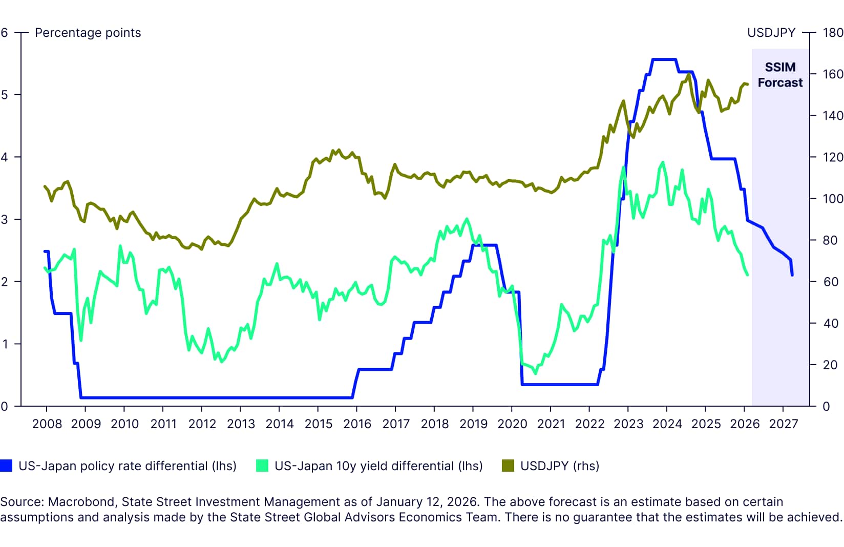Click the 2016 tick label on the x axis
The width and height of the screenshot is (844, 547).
coord(357,424)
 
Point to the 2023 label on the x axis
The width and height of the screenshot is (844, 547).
coord(628,424)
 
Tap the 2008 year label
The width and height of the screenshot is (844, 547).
coord(47,424)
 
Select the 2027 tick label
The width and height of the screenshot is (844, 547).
coord(784,424)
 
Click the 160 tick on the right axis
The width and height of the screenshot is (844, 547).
coord(833,74)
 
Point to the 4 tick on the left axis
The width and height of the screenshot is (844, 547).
coord(5,157)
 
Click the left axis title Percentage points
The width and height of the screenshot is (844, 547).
coord(88,33)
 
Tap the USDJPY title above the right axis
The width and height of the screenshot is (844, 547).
coord(771,33)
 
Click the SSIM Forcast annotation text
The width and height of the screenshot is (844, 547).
coord(780,75)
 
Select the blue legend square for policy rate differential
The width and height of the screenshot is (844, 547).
coord(6,466)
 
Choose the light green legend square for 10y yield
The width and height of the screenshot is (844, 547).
coord(262,466)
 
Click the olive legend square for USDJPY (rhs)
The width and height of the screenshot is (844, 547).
coord(508,466)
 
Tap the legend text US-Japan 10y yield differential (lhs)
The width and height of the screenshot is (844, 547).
coord(378,466)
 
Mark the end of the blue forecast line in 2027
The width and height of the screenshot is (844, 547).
coord(792,275)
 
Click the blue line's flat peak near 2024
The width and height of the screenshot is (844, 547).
coord(664,59)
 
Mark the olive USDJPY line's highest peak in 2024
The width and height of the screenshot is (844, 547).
coord(689,74)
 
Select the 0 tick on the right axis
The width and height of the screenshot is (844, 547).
coord(826,407)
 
